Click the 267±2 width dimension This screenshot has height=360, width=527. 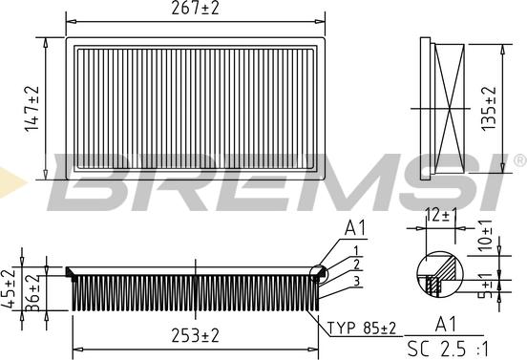[x=195, y=8]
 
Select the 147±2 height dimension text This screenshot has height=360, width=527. [x=32, y=109]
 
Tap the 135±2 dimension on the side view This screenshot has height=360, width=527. [x=489, y=108]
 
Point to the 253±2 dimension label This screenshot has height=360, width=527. [x=195, y=335]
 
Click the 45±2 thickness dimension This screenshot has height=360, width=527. [x=8, y=288]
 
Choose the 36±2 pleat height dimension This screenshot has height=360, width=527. [x=32, y=292]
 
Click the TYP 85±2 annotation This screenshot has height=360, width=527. [x=362, y=328]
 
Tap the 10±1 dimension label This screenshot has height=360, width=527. [x=485, y=235]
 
